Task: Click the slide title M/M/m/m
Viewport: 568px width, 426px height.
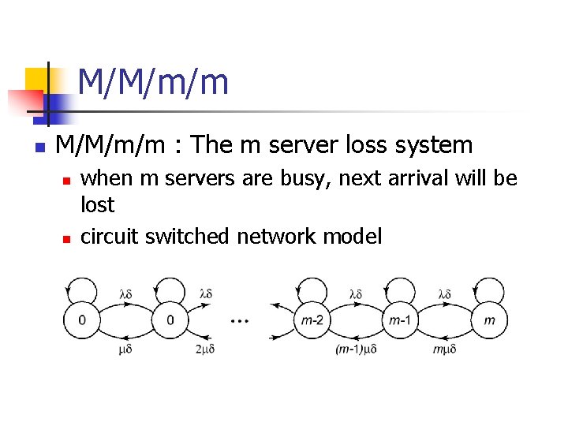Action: pyautogui.click(x=154, y=82)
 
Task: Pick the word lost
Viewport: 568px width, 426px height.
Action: pyautogui.click(x=98, y=205)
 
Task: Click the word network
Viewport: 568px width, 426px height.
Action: pyautogui.click(x=274, y=236)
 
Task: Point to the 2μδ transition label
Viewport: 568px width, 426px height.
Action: pyautogui.click(x=204, y=348)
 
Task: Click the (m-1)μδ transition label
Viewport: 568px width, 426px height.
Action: pyautogui.click(x=356, y=348)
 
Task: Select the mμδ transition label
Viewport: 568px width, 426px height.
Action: pyautogui.click(x=444, y=348)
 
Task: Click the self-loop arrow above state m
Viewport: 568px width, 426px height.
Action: pyautogui.click(x=489, y=286)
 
